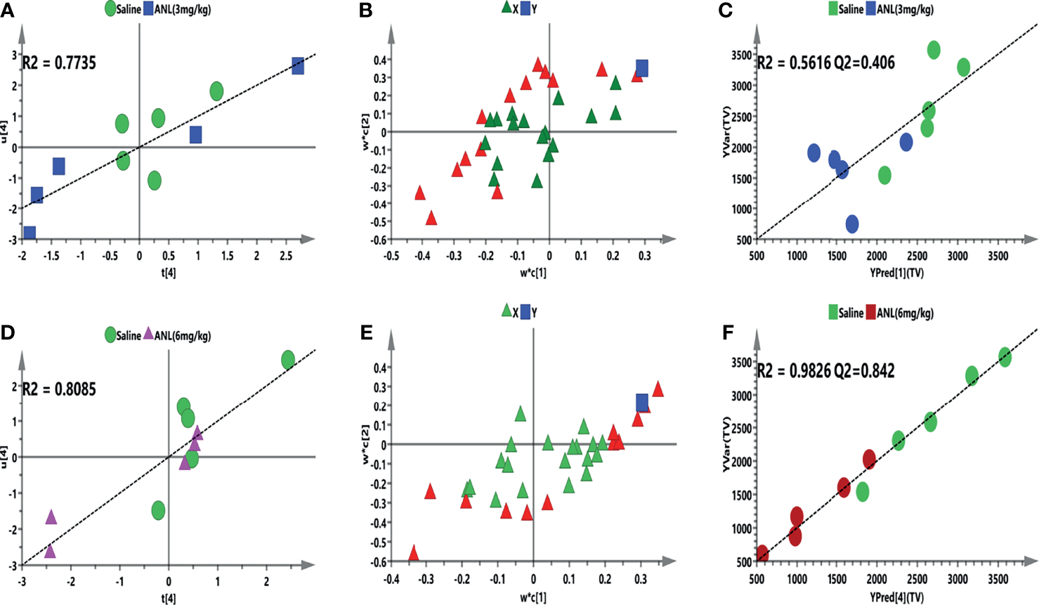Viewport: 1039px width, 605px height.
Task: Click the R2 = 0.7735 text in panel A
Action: pyautogui.click(x=59, y=63)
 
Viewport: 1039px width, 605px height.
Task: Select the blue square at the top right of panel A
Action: pyautogui.click(x=298, y=66)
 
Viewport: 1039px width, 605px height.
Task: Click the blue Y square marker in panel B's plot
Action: pyautogui.click(x=641, y=68)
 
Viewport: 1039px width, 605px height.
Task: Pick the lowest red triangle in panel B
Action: pyautogui.click(x=431, y=218)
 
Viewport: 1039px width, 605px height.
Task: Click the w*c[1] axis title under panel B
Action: pyautogui.click(x=532, y=272)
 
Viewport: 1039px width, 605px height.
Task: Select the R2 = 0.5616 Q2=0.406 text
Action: pyautogui.click(x=825, y=63)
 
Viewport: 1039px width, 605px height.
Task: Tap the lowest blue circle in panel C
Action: pyautogui.click(x=852, y=224)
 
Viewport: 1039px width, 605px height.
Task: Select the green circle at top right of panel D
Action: pyautogui.click(x=288, y=360)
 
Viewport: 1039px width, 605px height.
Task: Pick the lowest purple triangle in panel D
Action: pyautogui.click(x=50, y=550)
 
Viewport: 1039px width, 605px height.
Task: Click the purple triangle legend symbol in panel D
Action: pyautogui.click(x=148, y=334)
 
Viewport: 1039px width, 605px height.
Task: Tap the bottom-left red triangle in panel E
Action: pyautogui.click(x=414, y=553)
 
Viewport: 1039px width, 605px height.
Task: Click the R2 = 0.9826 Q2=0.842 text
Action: pyautogui.click(x=825, y=370)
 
